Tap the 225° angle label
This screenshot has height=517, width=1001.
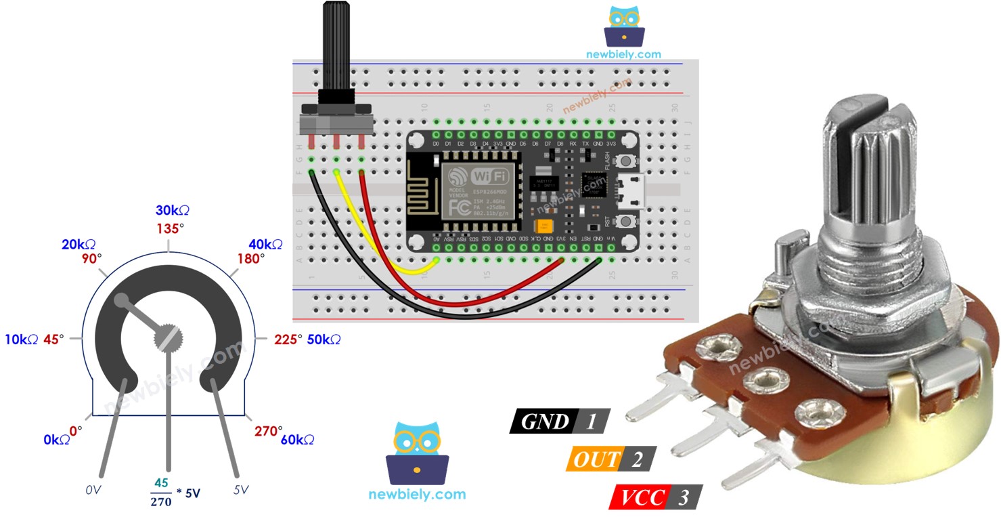tap(288, 339)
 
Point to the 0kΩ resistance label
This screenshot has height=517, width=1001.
tap(56, 440)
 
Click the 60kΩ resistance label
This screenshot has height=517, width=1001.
tap(297, 440)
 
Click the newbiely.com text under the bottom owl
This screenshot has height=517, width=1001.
tap(417, 494)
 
